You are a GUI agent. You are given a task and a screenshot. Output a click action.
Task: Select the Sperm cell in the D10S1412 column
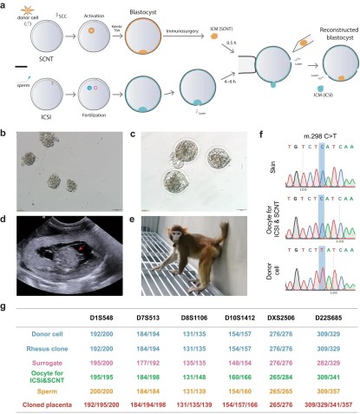tap(235, 389)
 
